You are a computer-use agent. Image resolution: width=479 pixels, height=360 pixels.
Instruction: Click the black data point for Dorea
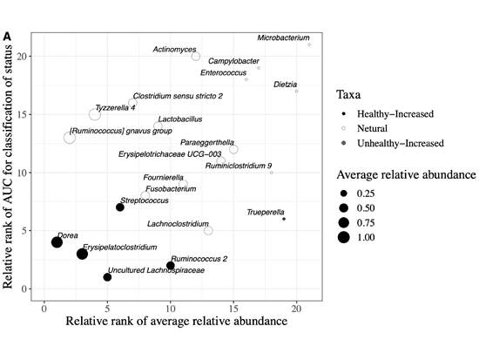pyautogui.click(x=57, y=242)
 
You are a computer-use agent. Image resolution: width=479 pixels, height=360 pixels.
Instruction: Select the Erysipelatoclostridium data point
pyautogui.click(x=82, y=254)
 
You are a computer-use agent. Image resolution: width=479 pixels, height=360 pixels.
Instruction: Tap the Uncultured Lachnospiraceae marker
pyautogui.click(x=107, y=277)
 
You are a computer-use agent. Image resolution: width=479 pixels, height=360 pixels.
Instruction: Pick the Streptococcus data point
pyautogui.click(x=120, y=207)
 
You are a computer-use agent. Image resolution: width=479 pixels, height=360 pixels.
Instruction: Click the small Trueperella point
pyautogui.click(x=284, y=219)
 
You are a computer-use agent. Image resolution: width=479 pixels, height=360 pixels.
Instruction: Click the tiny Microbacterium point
pyautogui.click(x=309, y=44)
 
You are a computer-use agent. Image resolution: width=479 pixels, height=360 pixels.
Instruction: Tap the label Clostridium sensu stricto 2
pyautogui.click(x=178, y=96)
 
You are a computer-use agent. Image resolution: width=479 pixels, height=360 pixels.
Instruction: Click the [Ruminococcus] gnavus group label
pyautogui.click(x=121, y=131)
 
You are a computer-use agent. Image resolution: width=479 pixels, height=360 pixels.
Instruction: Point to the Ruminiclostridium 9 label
pyautogui.click(x=239, y=166)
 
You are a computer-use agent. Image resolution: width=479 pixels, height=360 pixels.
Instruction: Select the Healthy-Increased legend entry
pyautogui.click(x=388, y=114)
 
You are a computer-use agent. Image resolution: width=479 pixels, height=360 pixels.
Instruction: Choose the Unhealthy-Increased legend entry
pyautogui.click(x=392, y=143)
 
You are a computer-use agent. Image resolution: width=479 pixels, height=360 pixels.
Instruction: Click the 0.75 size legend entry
pyautogui.click(x=356, y=222)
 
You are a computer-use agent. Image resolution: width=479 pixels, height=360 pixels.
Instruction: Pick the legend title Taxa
pyautogui.click(x=348, y=94)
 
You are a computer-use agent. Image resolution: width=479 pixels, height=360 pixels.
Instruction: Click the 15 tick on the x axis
pyautogui.click(x=233, y=309)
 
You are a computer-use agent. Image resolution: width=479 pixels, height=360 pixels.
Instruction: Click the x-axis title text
pyautogui.click(x=177, y=321)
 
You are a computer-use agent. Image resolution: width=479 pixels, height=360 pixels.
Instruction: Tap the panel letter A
pyautogui.click(x=7, y=37)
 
